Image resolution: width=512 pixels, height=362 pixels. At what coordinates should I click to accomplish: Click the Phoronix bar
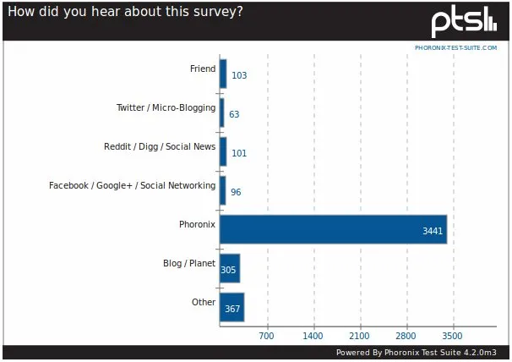tap(333, 230)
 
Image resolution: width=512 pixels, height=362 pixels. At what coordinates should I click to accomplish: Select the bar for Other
tap(231, 308)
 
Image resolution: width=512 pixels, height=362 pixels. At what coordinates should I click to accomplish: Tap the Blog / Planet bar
tap(230, 269)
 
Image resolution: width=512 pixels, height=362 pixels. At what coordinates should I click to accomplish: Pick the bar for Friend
tap(223, 74)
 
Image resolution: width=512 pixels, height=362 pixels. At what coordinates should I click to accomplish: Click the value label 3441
tap(433, 230)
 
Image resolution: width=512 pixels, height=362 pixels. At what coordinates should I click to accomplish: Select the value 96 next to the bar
tap(236, 192)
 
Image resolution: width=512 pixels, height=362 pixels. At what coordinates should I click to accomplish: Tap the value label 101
tap(238, 153)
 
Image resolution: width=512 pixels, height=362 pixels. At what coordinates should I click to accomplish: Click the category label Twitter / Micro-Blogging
tap(166, 107)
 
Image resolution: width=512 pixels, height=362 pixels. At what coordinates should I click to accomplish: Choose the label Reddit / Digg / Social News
tap(160, 146)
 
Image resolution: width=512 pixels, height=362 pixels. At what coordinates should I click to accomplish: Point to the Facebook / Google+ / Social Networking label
tap(133, 185)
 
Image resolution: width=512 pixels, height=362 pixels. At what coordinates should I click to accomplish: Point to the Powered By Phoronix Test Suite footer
tap(419, 353)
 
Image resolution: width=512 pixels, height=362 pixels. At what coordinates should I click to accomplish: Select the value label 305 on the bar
tap(228, 270)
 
